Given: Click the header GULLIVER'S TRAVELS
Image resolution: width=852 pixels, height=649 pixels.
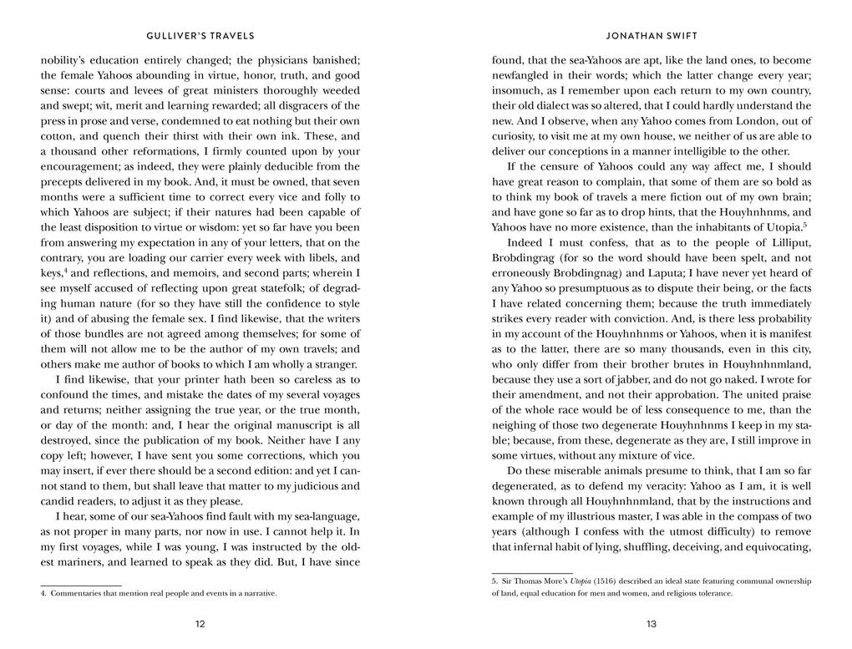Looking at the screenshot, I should [200, 36].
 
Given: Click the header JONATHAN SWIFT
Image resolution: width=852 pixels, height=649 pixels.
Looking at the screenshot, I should [651, 36].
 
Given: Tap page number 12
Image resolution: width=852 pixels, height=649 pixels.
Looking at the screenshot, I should [200, 624].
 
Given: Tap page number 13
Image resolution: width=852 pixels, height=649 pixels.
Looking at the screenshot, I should [651, 624].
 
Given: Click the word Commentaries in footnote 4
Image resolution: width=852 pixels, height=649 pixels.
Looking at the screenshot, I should [77, 593].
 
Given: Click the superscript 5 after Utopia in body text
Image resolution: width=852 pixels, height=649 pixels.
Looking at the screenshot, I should [804, 224].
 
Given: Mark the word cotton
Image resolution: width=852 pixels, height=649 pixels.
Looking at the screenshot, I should [58, 136].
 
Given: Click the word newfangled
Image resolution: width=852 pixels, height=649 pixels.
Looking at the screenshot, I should [525, 75].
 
